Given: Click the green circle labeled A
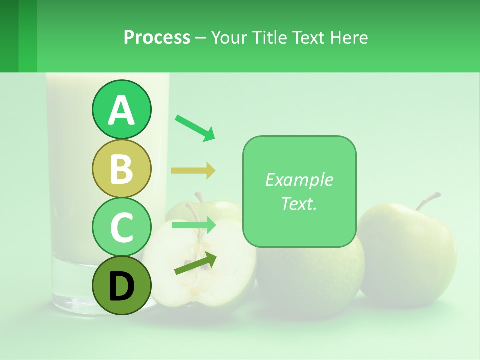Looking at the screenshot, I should [121, 110].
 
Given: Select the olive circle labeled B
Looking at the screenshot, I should [121, 168].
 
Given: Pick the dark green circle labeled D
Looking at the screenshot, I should [121, 285].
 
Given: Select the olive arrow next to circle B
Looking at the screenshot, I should [193, 171].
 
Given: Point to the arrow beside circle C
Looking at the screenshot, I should [193, 225].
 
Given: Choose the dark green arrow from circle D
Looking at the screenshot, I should [195, 263].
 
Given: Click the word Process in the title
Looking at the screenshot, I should [157, 37].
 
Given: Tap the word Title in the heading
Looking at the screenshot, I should [270, 37].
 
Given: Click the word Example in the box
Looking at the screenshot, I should [299, 180].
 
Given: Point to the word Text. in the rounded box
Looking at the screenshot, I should [299, 203].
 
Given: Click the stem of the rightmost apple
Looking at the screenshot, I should [426, 200].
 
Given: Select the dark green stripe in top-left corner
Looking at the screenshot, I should [9, 36].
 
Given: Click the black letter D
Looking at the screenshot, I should [121, 287].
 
